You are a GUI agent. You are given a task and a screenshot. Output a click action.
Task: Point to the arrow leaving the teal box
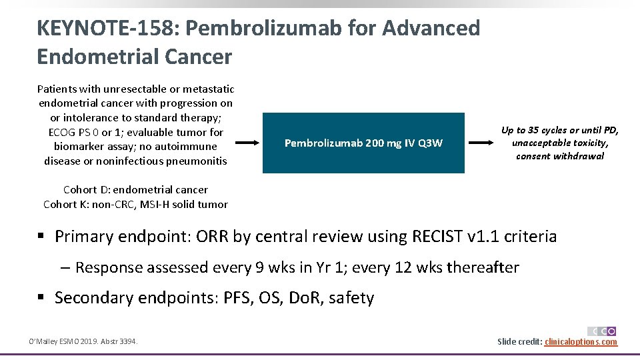tap(479, 143)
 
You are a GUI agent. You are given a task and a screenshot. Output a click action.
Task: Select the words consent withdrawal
tap(560, 156)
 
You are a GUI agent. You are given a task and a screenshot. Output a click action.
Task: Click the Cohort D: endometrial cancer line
tap(135, 190)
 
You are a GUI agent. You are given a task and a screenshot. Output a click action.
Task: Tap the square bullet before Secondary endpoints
tap(43, 298)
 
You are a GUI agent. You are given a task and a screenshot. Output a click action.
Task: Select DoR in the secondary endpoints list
tap(304, 298)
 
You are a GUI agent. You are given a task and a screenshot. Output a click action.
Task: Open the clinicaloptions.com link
tap(581, 342)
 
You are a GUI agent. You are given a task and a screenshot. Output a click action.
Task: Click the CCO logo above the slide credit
tap(601, 331)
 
